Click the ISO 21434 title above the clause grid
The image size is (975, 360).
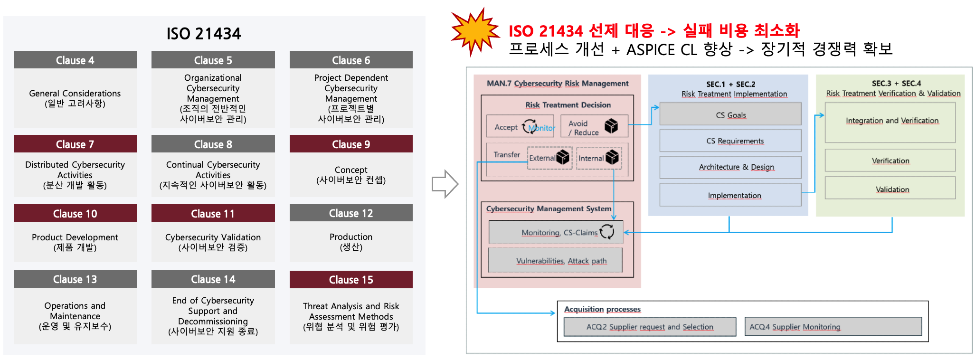point(203,34)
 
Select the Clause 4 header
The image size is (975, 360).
point(75,60)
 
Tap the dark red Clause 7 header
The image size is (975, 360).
point(75,144)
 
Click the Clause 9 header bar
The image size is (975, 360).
point(351,144)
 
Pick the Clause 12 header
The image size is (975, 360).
point(351,213)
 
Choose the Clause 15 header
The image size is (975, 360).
point(351,280)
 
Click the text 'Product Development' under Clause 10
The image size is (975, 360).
point(75,237)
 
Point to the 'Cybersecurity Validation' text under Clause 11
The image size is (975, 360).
point(213,237)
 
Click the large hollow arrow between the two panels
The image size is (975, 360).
point(445,184)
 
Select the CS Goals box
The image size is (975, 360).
point(730,114)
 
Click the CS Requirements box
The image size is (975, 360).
point(730,141)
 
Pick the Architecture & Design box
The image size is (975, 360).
point(730,167)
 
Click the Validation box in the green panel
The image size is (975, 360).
point(890,189)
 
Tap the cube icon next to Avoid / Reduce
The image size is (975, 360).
point(611,126)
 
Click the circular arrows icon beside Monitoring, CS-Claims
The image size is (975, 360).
point(607,231)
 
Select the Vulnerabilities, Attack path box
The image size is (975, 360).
point(555,260)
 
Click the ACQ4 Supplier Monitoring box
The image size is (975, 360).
point(833,327)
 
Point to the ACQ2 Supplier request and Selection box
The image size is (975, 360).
point(650,327)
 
